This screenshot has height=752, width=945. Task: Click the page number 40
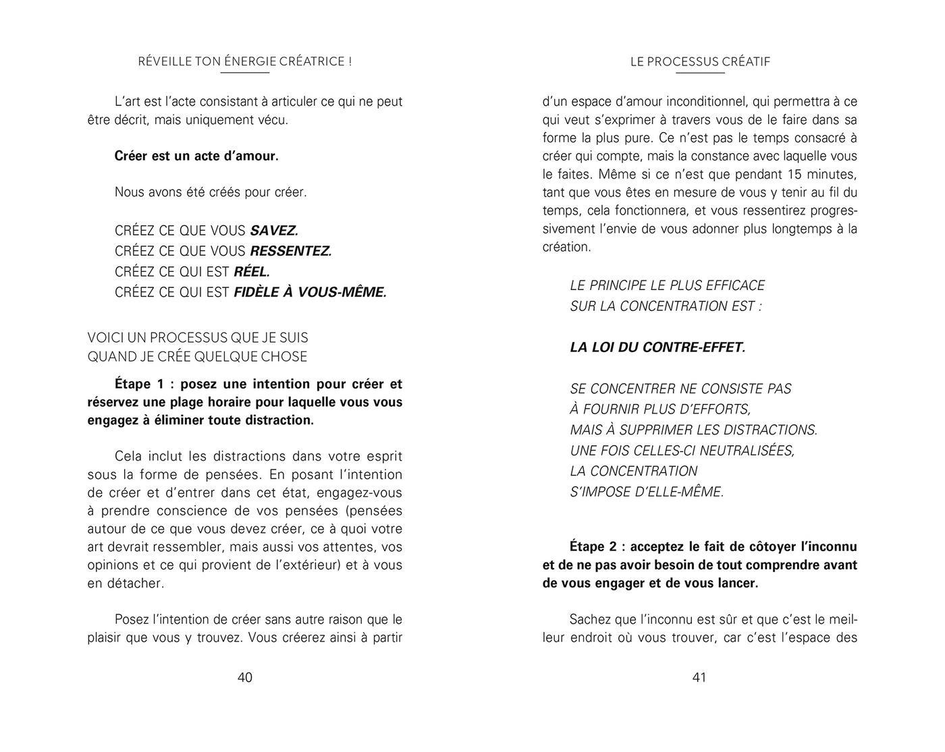pos(245,677)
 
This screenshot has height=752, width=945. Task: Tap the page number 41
pos(699,677)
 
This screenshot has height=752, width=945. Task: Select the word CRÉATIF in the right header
pos(746,62)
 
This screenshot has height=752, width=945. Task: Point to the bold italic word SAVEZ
pos(274,231)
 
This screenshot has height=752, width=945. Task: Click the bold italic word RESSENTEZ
pos(291,252)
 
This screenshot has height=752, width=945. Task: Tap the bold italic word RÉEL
pos(252,272)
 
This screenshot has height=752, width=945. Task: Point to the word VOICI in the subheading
pos(103,337)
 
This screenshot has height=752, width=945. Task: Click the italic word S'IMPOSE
pos(600,492)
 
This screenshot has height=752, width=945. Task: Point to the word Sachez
pos(591,619)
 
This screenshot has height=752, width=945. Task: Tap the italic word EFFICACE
pos(734,285)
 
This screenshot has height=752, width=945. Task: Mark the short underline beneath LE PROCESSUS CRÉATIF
pos(700,73)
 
